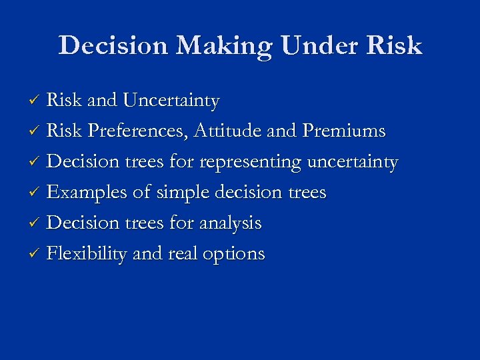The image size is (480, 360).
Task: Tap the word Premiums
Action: pyautogui.click(x=344, y=131)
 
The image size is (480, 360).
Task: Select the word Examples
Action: pyautogui.click(x=87, y=193)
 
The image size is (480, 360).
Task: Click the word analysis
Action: pyautogui.click(x=229, y=223)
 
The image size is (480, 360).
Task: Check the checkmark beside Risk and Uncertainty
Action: pyautogui.click(x=37, y=101)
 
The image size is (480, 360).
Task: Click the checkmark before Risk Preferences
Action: pyautogui.click(x=37, y=132)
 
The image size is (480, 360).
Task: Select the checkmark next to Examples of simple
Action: pyautogui.click(x=37, y=193)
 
